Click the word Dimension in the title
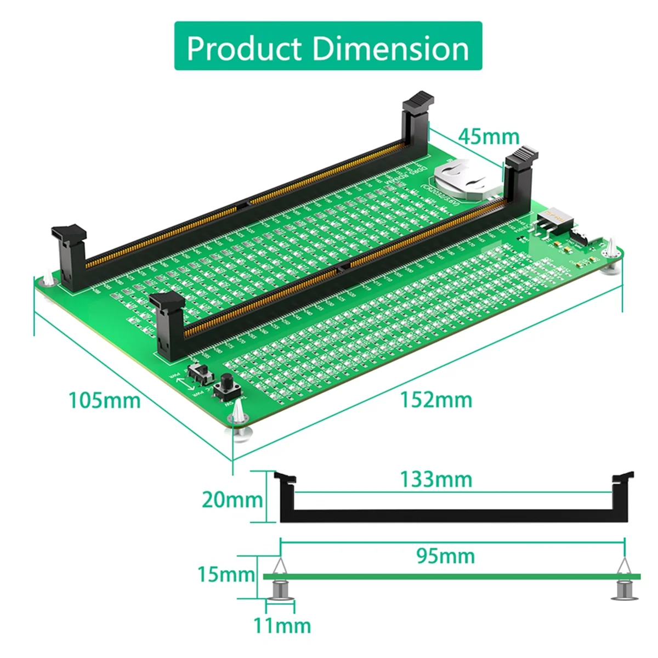[391, 48]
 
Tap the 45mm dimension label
[489, 137]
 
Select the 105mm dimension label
[104, 400]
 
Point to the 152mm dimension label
[436, 399]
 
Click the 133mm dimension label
[436, 479]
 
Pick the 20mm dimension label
[231, 500]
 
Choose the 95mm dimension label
[445, 556]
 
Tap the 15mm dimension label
[226, 574]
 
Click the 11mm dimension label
[282, 625]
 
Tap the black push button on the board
[225, 387]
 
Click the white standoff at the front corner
[240, 419]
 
